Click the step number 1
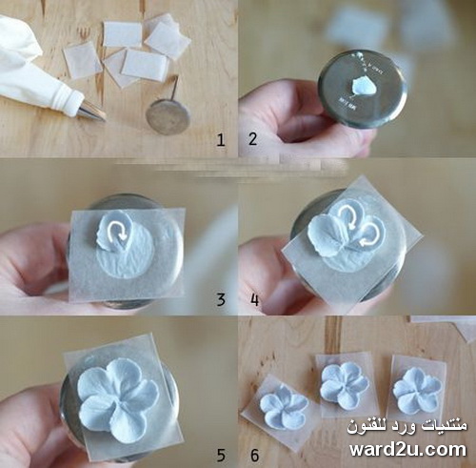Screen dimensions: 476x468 [x=221, y=140]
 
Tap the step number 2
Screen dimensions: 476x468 [x=252, y=139]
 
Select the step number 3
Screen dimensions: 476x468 [x=221, y=299]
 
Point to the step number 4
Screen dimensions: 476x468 [x=255, y=299]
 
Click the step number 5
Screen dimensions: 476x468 [x=221, y=455]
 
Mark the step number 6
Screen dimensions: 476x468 [x=255, y=455]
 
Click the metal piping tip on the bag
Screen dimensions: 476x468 [x=92, y=111]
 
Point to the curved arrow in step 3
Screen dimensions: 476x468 [x=117, y=232]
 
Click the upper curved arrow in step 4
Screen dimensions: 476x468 [x=348, y=216]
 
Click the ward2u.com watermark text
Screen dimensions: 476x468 [x=407, y=449]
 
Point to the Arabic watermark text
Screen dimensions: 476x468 [x=407, y=426]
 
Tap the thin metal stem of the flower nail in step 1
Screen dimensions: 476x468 [x=173, y=87]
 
